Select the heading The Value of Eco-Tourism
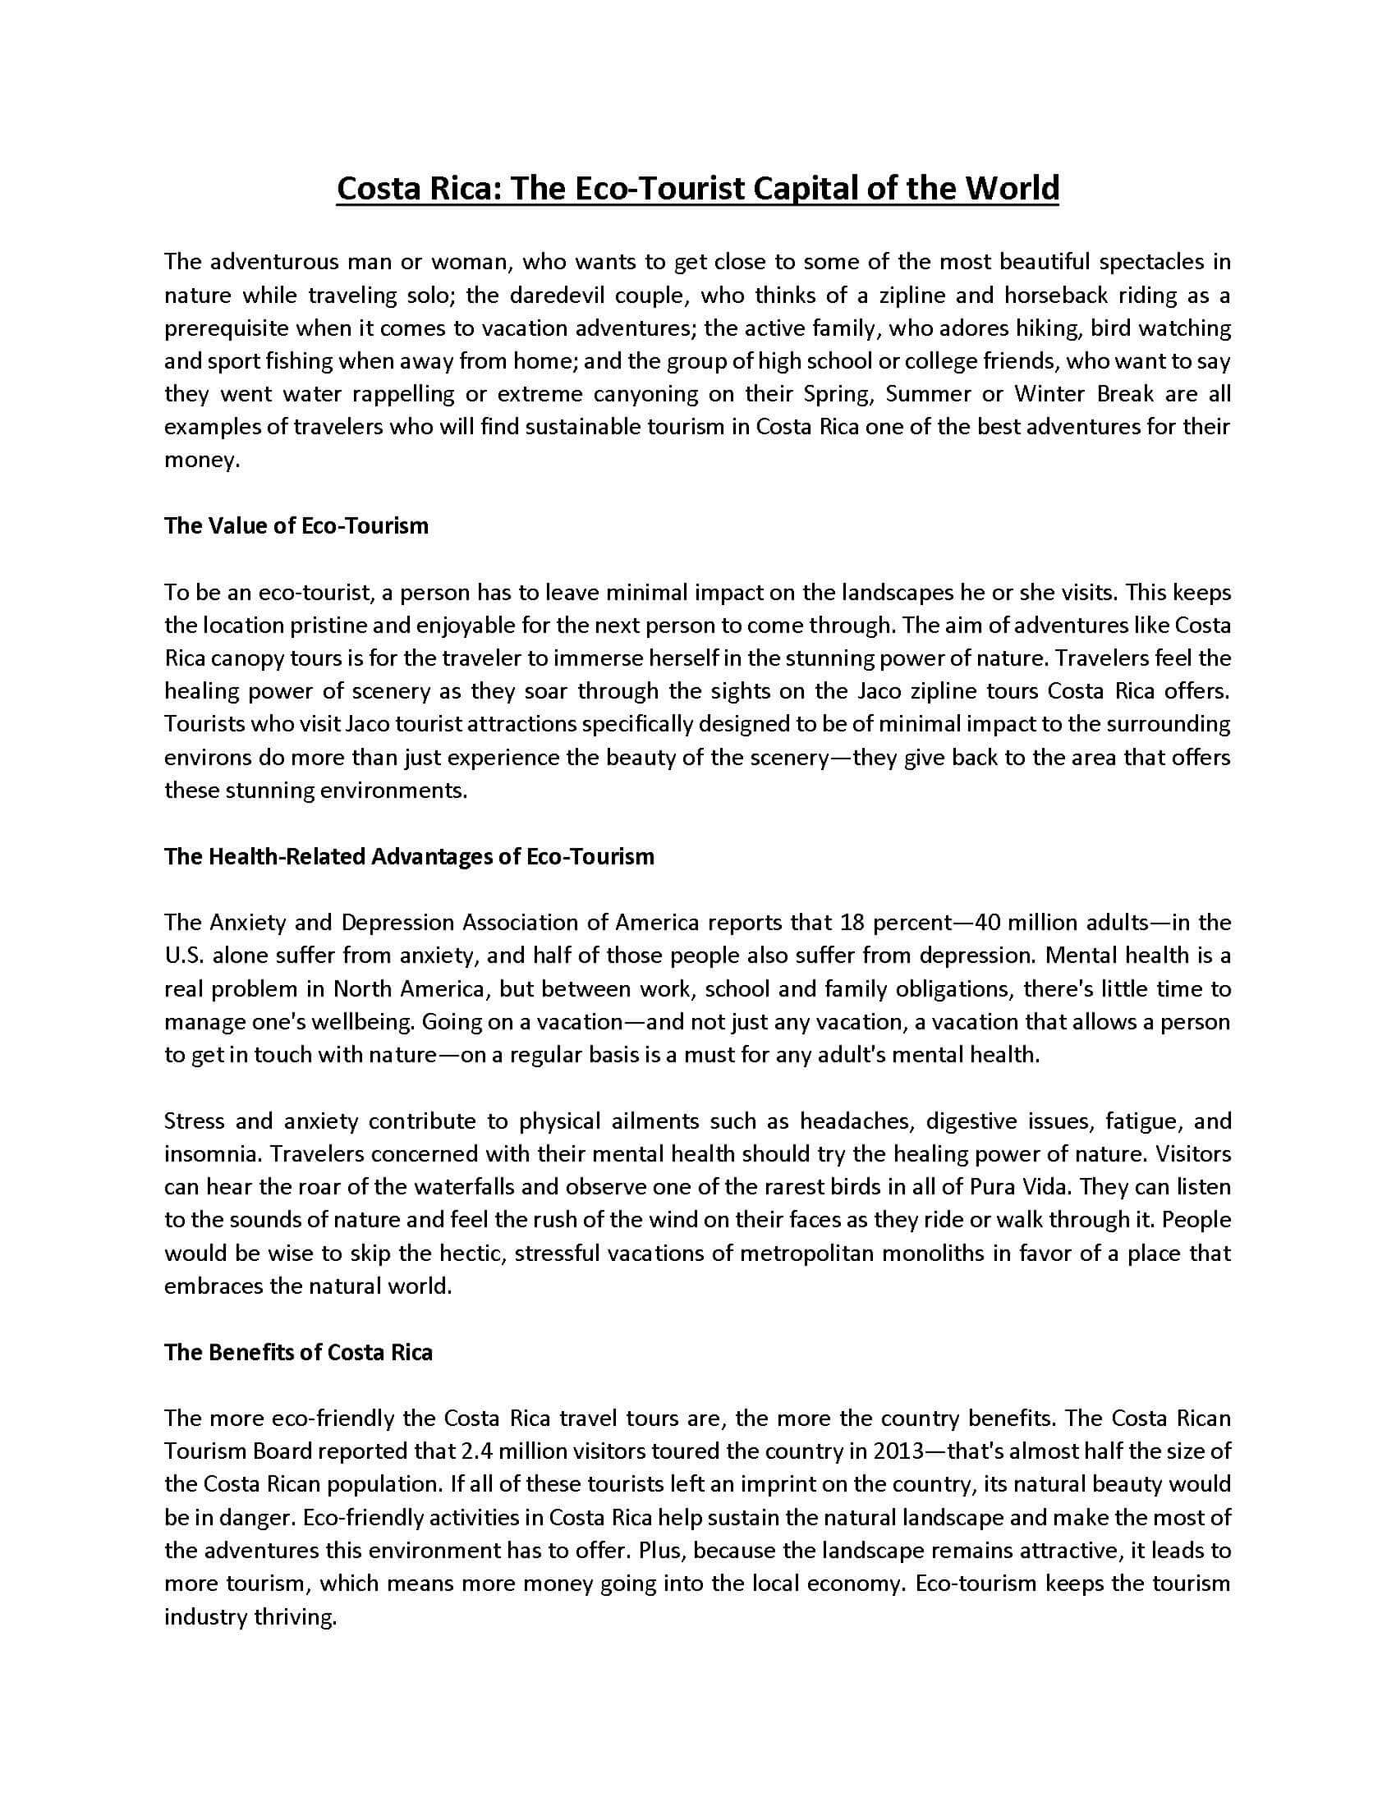(296, 526)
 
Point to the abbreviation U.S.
(183, 956)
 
